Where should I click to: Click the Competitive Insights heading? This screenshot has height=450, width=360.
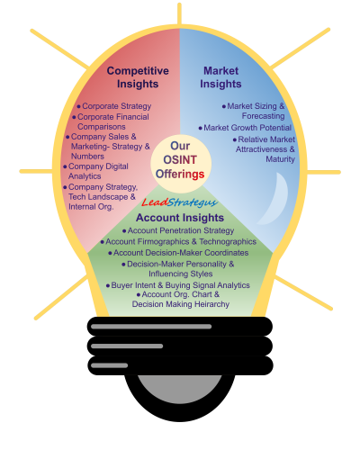[x=138, y=77]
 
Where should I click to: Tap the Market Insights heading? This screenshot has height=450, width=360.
[x=220, y=77]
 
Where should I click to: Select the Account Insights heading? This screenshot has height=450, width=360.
[x=180, y=218]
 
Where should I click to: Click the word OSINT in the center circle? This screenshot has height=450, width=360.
[x=180, y=160]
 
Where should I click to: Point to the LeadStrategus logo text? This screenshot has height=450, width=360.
[x=179, y=202]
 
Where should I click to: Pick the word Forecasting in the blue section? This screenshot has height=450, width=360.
[x=264, y=116]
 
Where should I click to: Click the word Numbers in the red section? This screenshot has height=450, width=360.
[x=87, y=157]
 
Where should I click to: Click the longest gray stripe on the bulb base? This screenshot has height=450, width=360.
[x=151, y=327]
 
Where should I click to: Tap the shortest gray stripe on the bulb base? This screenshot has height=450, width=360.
[x=109, y=365]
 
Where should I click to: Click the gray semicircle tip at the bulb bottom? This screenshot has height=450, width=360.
[x=180, y=389]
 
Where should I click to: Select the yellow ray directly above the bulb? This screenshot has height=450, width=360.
[x=179, y=14]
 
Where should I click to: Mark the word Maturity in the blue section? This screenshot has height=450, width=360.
[x=280, y=159]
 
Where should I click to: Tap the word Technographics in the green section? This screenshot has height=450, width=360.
[x=228, y=242]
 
